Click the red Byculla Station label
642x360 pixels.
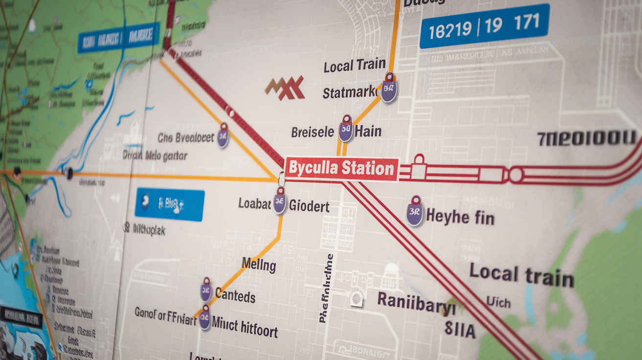coord(341,169)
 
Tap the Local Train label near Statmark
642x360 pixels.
coord(354,66)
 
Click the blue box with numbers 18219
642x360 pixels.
coord(483,25)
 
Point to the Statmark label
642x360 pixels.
coord(349,92)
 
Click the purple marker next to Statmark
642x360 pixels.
coord(389,90)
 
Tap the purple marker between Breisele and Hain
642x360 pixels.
coord(346,130)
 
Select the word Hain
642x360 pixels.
coord(368,131)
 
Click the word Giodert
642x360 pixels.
coord(309,205)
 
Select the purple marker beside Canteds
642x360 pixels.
coord(206,292)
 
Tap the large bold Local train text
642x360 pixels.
coord(521,276)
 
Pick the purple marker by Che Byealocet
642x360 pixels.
coord(223,137)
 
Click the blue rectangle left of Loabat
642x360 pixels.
coord(169,204)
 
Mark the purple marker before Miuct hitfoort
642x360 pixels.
coord(205,319)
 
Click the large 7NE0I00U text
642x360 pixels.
coord(586,138)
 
